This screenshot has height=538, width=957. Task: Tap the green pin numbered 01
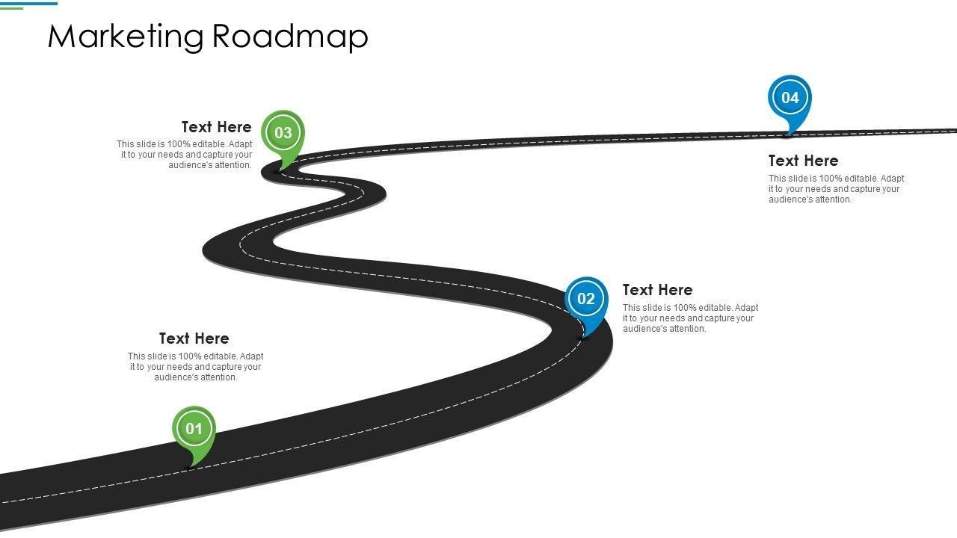194,433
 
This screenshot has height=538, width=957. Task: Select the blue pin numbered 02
586,303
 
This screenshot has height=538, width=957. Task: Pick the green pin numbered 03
283,137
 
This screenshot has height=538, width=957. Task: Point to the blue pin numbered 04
790,102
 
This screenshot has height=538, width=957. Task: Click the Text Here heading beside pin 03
216,127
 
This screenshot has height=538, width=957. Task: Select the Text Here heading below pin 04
803,161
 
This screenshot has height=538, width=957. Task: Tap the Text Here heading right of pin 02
657,290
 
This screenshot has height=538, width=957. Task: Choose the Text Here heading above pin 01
194,338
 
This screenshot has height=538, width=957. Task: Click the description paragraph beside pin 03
185,155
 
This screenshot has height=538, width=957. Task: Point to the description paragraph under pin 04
836,189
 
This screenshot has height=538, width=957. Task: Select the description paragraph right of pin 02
690,318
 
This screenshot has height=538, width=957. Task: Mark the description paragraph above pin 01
195,367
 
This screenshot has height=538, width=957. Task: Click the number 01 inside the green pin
194,429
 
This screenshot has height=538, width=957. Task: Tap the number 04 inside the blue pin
790,98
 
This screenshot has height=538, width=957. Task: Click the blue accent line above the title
30,3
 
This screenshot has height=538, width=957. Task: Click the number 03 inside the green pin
283,133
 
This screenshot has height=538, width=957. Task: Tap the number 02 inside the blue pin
586,299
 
